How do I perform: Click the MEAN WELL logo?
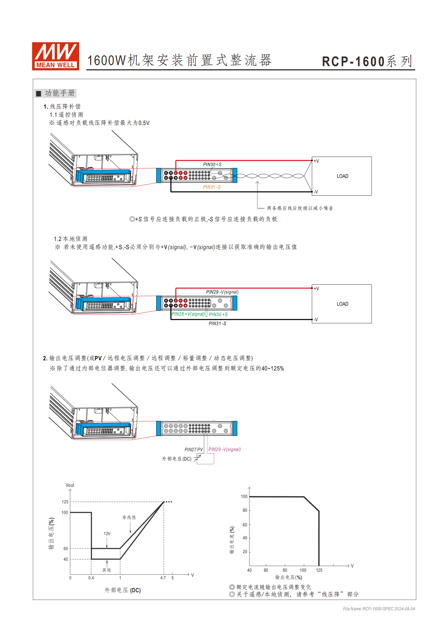pyautogui.click(x=55, y=56)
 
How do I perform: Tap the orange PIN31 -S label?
pyautogui.click(x=212, y=187)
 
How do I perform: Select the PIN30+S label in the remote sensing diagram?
pyautogui.click(x=212, y=164)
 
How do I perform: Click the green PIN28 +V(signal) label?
pyautogui.click(x=188, y=314)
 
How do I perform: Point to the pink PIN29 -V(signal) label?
pyautogui.click(x=224, y=449)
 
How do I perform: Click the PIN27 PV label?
pyautogui.click(x=194, y=450)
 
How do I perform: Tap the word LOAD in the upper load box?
pyautogui.click(x=342, y=176)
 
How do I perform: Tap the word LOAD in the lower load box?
pyautogui.click(x=342, y=304)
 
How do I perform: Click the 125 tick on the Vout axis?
pyautogui.click(x=65, y=502)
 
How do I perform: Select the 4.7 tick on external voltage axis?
pyautogui.click(x=163, y=578)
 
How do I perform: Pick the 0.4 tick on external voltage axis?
pyautogui.click(x=91, y=578)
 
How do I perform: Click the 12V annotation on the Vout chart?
pyautogui.click(x=107, y=533)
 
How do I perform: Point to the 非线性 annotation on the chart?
pyautogui.click(x=129, y=517)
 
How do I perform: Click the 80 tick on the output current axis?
pyautogui.click(x=245, y=510)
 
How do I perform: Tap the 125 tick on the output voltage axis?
pyautogui.click(x=319, y=570)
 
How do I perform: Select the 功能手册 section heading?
pyautogui.click(x=59, y=93)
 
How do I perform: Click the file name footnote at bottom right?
pyautogui.click(x=379, y=609)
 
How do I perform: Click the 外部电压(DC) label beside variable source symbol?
pyautogui.click(x=177, y=459)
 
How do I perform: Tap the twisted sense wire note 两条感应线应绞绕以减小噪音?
pyautogui.click(x=300, y=208)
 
